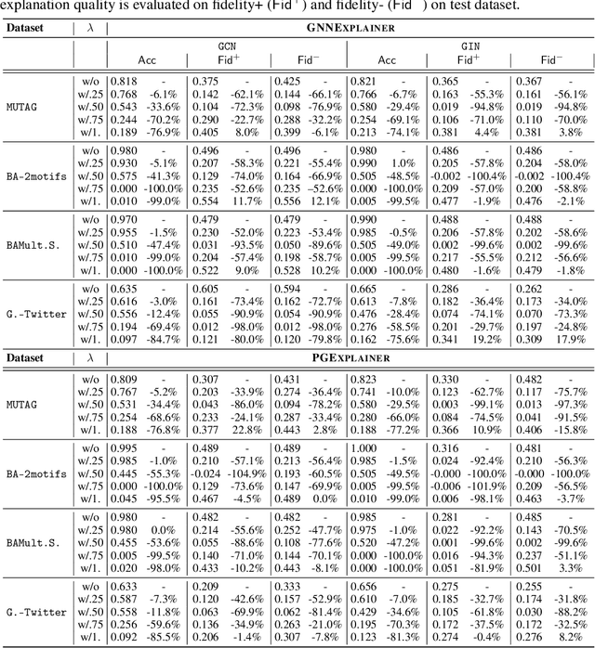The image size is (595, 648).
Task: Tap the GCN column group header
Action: pyautogui.click(x=226, y=44)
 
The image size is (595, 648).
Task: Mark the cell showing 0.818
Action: pyautogui.click(x=124, y=82)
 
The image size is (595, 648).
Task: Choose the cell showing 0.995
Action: pyautogui.click(x=124, y=448)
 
